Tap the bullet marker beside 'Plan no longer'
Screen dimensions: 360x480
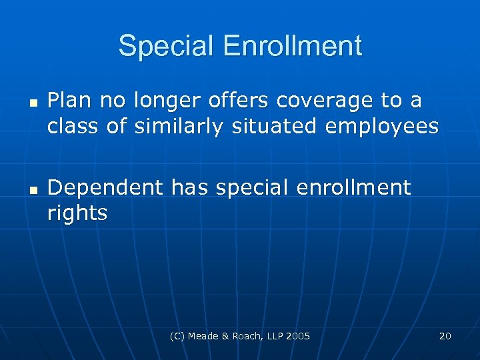click(x=32, y=103)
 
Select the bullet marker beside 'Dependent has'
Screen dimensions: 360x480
click(x=32, y=191)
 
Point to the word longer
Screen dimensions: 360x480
click(x=169, y=102)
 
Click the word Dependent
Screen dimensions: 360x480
click(x=105, y=189)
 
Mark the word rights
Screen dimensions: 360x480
click(x=77, y=214)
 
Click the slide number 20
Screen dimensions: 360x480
click(x=445, y=336)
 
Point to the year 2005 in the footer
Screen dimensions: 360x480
click(x=297, y=336)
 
